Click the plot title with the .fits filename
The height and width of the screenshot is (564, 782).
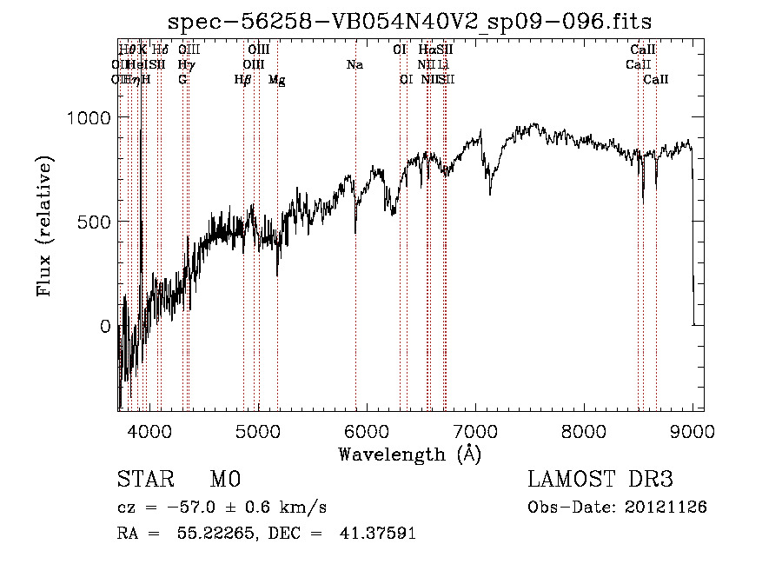coord(409,21)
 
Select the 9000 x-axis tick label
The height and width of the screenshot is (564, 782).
coord(692,429)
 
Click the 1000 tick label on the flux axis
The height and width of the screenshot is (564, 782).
coord(89,118)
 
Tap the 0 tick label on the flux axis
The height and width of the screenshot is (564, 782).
coord(105,327)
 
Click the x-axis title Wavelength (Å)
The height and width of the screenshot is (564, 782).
coord(409,454)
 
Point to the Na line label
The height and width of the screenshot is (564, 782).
coord(355,65)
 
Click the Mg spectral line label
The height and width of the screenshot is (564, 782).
coord(276,80)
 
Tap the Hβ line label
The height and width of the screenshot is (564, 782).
coord(243,80)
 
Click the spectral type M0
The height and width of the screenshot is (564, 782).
coord(224,480)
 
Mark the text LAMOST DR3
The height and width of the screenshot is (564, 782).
coord(600,480)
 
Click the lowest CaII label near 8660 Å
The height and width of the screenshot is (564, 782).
coord(656,80)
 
